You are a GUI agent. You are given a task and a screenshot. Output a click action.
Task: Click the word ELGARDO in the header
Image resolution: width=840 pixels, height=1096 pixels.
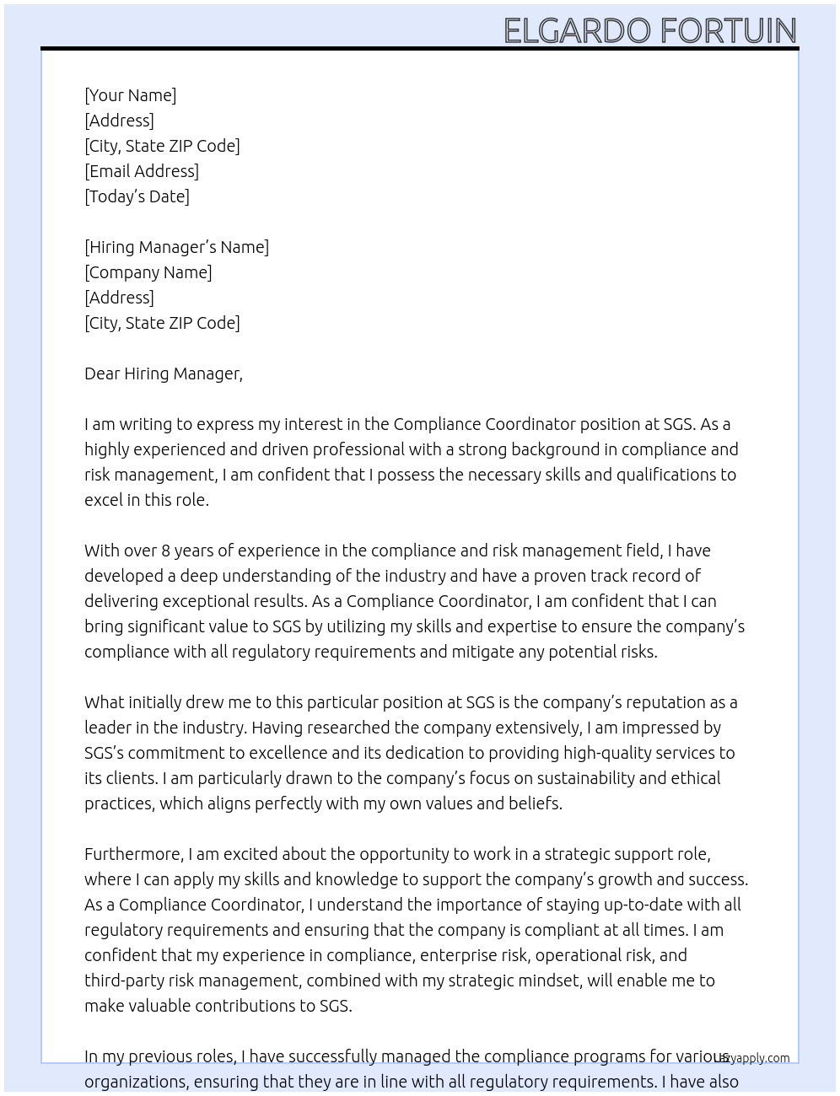tap(577, 30)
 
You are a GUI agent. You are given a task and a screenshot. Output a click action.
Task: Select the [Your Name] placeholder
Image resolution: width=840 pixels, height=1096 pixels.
tap(130, 95)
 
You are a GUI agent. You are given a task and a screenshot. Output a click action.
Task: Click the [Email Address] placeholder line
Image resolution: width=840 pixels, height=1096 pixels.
tap(142, 171)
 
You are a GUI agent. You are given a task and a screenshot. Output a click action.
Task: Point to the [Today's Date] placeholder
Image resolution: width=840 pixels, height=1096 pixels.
tap(137, 196)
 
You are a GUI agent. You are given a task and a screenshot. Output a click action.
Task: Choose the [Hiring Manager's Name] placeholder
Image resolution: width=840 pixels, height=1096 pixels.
tap(176, 247)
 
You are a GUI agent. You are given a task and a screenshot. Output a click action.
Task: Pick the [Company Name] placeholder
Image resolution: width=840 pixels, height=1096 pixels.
tap(148, 272)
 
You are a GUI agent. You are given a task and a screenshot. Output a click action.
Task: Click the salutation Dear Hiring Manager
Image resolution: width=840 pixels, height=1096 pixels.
tap(163, 373)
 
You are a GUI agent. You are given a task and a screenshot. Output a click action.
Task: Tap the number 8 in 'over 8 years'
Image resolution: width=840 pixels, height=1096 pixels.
tap(166, 551)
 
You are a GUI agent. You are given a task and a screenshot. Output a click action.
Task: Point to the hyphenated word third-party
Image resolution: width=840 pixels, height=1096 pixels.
tap(124, 980)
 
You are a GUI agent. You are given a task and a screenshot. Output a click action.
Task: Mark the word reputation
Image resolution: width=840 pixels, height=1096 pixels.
tap(665, 702)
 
